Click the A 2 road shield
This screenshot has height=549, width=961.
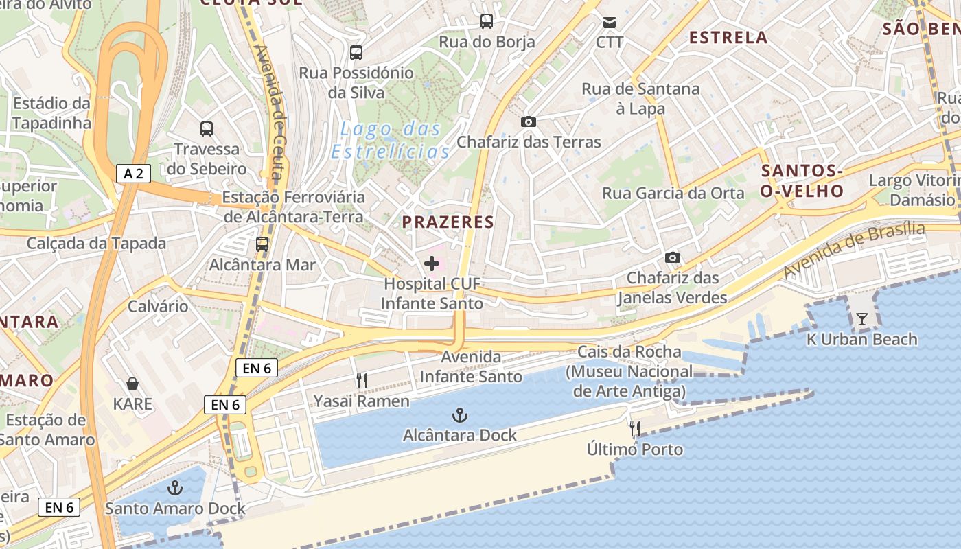(133, 174)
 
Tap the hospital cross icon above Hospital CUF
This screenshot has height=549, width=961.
(432, 264)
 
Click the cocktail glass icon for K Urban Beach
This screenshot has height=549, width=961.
(861, 319)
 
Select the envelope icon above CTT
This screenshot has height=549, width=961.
(610, 22)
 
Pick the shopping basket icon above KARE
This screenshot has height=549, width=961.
(132, 384)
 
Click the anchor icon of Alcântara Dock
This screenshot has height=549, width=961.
(460, 414)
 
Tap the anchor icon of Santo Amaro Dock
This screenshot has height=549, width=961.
(176, 488)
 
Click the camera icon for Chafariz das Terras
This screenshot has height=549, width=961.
(529, 121)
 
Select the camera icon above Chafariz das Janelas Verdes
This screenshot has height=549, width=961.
(673, 257)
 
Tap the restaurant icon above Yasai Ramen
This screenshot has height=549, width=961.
(362, 380)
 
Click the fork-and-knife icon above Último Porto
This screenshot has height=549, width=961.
(635, 429)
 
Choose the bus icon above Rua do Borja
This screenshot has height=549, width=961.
(487, 21)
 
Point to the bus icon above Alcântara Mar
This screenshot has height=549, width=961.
(262, 244)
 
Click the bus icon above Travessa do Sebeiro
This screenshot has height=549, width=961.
(207, 128)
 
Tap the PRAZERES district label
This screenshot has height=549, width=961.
(448, 222)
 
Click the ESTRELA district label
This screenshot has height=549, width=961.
(728, 37)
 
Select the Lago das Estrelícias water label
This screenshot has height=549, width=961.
(391, 139)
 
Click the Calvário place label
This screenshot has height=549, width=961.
(158, 305)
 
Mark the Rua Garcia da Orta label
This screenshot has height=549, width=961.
(673, 193)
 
